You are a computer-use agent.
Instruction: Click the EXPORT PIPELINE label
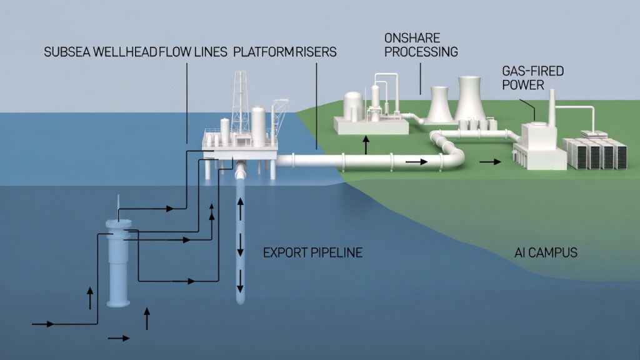(312, 253)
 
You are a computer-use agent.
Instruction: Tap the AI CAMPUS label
(541, 254)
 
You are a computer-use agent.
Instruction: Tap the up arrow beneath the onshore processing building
(366, 146)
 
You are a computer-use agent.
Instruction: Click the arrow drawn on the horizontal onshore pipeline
(417, 162)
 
